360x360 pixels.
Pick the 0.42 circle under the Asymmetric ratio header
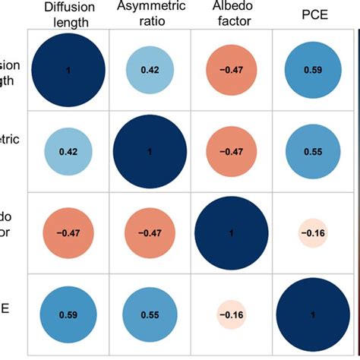[x=148, y=70]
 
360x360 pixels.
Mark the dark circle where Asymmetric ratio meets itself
[x=148, y=151]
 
